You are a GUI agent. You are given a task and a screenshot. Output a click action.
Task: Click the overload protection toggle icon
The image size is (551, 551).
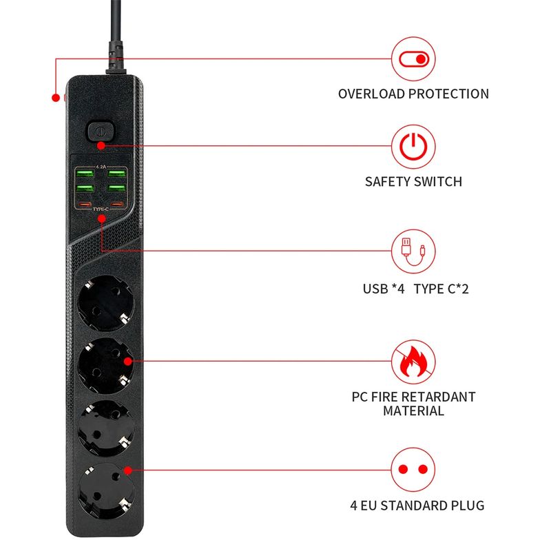(x=414, y=59)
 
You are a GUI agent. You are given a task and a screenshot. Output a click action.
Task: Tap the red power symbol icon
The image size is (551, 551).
(x=414, y=147)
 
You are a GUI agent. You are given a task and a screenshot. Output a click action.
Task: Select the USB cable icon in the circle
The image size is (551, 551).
(x=414, y=252)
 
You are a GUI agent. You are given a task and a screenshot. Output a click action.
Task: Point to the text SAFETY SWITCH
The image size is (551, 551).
(x=413, y=182)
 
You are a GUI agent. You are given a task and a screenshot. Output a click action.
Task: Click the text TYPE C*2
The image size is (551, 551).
(x=441, y=289)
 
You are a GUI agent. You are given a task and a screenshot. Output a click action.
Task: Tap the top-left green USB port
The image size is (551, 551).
(x=83, y=173)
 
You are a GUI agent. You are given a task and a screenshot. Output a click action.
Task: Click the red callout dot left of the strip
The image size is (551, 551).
(x=56, y=98)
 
